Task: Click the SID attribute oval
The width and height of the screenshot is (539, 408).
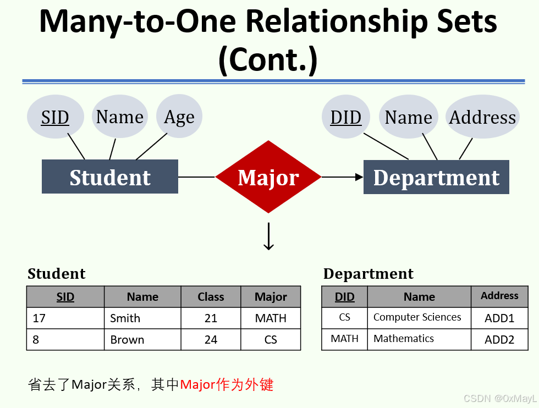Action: (x=55, y=117)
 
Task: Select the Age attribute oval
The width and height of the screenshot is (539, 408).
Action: (x=179, y=117)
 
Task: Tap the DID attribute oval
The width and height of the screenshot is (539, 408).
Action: (x=345, y=117)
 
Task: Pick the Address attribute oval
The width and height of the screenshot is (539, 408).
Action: (x=482, y=117)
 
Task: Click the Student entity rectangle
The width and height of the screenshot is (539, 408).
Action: (x=110, y=177)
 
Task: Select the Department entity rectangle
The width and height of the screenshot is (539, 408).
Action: (x=436, y=177)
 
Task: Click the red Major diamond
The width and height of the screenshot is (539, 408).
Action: (x=268, y=177)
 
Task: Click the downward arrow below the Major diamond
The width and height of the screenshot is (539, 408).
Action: (x=268, y=236)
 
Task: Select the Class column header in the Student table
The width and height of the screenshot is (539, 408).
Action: (x=211, y=297)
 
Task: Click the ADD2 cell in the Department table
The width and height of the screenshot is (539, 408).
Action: (x=499, y=340)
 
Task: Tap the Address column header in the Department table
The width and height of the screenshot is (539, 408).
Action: (x=499, y=296)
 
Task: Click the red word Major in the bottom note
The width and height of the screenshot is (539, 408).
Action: (x=197, y=384)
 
